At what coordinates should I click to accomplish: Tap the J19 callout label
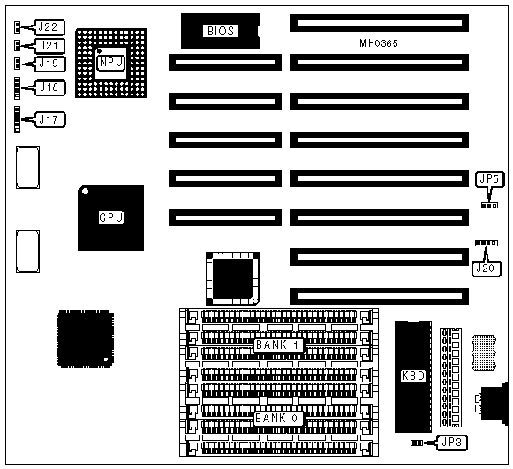50,64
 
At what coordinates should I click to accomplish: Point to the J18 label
50,87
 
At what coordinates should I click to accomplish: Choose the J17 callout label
50,120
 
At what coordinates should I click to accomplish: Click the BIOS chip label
221,31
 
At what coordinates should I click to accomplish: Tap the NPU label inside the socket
111,62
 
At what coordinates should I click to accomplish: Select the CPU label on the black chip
111,217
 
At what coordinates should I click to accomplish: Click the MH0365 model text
379,43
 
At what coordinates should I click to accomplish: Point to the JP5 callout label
489,179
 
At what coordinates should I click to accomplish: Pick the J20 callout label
487,269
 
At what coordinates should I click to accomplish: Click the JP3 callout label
452,443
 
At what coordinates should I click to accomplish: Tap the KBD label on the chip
413,375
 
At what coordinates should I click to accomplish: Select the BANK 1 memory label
278,345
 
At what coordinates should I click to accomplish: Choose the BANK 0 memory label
278,419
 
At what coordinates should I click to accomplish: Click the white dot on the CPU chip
85,191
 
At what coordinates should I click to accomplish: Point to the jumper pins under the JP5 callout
489,206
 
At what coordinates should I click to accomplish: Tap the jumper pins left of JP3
417,443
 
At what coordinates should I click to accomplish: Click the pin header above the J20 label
487,243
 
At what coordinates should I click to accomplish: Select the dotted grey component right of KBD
484,352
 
